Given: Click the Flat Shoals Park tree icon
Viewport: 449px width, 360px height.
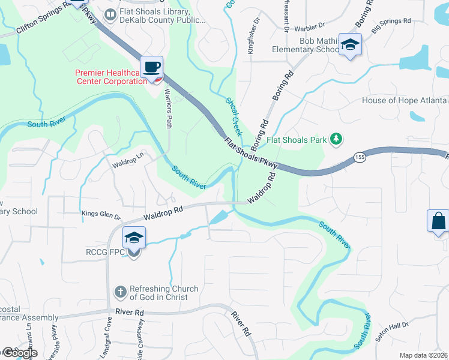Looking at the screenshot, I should (336, 140).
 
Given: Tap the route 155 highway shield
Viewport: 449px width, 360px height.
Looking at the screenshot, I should (360, 156).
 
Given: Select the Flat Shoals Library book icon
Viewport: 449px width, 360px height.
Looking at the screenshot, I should (110, 15).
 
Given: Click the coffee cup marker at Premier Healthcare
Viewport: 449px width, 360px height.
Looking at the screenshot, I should (151, 67).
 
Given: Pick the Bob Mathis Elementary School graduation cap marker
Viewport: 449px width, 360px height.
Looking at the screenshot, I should (350, 45).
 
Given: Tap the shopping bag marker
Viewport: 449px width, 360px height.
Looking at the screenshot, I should (438, 220).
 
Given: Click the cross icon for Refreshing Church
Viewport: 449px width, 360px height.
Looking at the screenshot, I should (120, 293).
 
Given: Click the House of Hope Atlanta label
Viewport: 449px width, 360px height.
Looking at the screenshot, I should (405, 100).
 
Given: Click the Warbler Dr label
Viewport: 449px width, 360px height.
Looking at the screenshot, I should (309, 26).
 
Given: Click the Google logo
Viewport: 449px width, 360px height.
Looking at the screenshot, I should (19, 353).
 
